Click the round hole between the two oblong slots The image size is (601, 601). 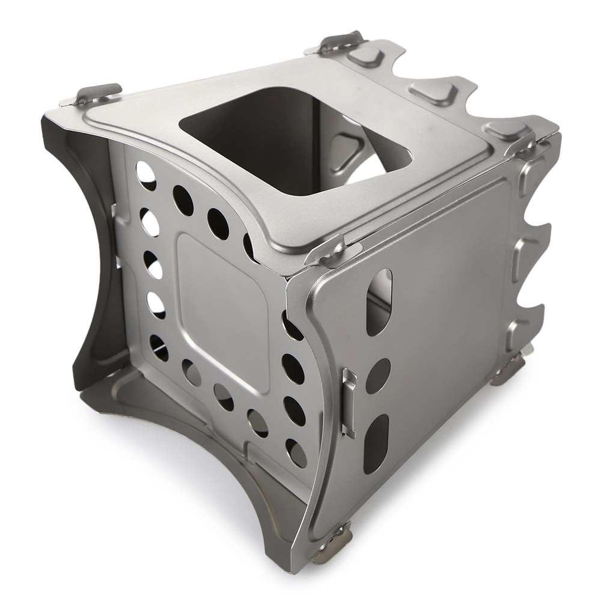tap(378, 376)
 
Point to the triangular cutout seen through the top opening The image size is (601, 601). tap(349, 147)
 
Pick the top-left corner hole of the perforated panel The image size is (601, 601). tap(145, 175)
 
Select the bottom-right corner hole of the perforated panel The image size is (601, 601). tap(295, 453)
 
